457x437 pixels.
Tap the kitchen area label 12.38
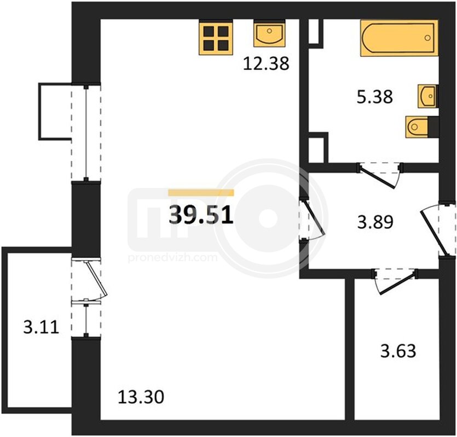click(x=266, y=63)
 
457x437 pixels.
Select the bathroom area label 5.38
click(x=375, y=97)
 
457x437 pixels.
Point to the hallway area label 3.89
click(x=375, y=222)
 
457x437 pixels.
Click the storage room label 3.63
click(x=398, y=351)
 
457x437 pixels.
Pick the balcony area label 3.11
click(x=42, y=327)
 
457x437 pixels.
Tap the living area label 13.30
click(x=141, y=397)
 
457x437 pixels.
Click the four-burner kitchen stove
click(x=216, y=37)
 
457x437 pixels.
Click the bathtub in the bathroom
click(x=400, y=38)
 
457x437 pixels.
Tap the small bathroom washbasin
click(x=428, y=96)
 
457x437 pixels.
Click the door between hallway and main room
click(x=312, y=219)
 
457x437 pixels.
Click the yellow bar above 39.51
click(x=201, y=192)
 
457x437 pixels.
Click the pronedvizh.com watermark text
click(x=173, y=258)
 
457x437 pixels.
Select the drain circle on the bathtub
click(x=427, y=38)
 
